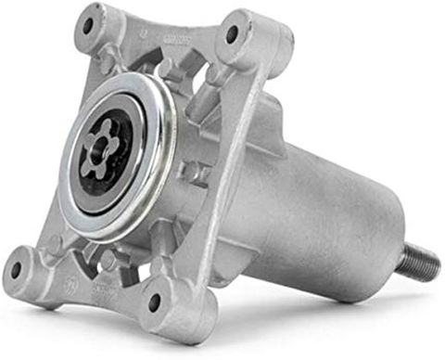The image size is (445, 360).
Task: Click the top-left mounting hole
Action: (90, 26)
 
